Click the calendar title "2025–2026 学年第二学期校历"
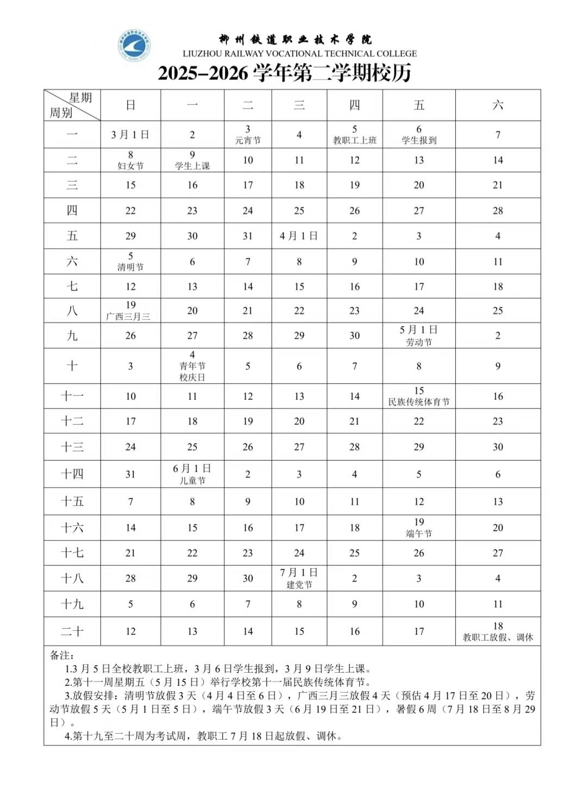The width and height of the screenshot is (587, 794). click(285, 73)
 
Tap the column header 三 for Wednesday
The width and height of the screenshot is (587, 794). click(299, 105)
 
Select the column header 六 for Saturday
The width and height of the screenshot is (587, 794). click(498, 105)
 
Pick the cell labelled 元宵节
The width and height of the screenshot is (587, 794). click(248, 134)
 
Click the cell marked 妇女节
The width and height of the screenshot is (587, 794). click(131, 160)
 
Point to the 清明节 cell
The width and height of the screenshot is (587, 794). click(131, 262)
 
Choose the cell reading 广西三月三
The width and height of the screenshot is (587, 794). click(131, 311)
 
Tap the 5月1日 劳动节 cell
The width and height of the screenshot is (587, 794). click(418, 336)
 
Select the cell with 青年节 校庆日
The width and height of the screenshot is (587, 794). click(192, 366)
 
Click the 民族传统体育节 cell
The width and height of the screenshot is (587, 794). click(418, 396)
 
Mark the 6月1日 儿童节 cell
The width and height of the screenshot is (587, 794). click(192, 474)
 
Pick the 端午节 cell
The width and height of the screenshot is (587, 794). click(418, 528)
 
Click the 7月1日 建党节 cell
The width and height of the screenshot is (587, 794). click(299, 578)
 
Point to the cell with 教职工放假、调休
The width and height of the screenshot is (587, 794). click(498, 631)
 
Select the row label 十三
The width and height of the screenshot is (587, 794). click(72, 447)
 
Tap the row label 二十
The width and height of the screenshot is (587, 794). click(72, 631)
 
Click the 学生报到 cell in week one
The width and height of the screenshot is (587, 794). click(418, 134)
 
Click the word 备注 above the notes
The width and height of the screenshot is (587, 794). click(62, 656)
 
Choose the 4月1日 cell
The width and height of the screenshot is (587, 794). click(299, 236)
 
